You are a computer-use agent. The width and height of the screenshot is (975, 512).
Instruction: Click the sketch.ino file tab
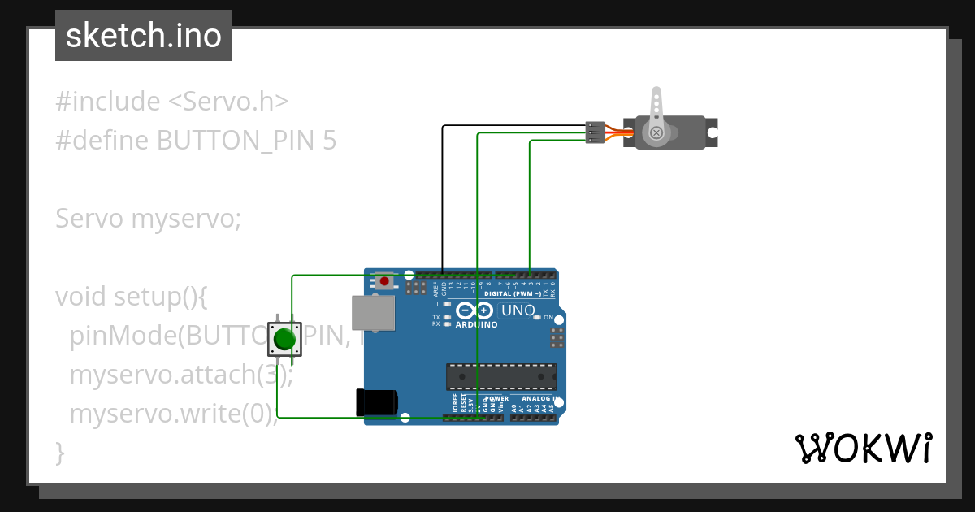(144, 36)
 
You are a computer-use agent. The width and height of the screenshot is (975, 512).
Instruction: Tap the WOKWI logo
(863, 448)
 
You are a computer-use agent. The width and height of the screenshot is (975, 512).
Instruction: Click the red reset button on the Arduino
(383, 281)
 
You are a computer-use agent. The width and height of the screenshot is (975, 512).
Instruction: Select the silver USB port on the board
(373, 313)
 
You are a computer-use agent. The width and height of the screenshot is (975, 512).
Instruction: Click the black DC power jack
(377, 403)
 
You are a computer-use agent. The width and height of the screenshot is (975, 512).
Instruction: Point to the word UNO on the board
(518, 310)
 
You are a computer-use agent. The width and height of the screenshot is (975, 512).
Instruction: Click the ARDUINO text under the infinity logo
(476, 324)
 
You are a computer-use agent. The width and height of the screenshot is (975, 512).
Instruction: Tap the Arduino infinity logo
(474, 310)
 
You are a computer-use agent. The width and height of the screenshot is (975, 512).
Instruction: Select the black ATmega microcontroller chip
(501, 377)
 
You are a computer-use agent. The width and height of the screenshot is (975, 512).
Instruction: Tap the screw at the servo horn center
(655, 132)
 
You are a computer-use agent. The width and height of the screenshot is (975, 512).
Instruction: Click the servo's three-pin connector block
(596, 132)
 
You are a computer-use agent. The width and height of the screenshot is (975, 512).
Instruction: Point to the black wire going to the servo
(442, 195)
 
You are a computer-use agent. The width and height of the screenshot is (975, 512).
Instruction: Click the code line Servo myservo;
(149, 219)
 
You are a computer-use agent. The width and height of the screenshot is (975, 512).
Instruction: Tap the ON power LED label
(548, 317)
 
